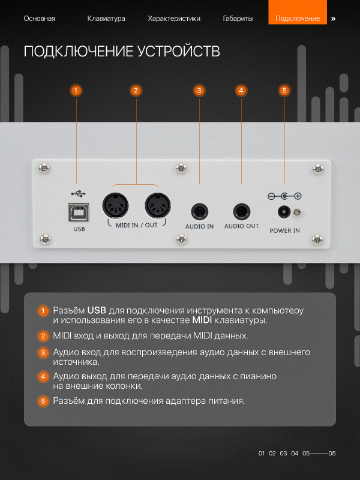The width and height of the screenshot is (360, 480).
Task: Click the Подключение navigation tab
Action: pyautogui.click(x=298, y=19)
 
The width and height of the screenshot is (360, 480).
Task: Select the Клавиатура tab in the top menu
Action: pyautogui.click(x=106, y=19)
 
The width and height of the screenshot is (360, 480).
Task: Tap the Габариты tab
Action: pyautogui.click(x=238, y=19)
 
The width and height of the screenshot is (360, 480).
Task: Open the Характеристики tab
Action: pyautogui.click(x=174, y=19)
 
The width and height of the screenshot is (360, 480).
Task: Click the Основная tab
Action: pyautogui.click(x=40, y=19)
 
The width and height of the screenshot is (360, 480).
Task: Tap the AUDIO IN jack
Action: pyautogui.click(x=199, y=212)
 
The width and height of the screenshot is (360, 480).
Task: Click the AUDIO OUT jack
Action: pyautogui.click(x=242, y=212)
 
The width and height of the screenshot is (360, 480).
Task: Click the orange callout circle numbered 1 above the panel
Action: pyautogui.click(x=76, y=91)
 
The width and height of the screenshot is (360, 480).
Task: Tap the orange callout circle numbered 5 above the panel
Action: pyautogui.click(x=284, y=91)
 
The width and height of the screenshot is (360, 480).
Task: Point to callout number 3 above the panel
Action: pyautogui.click(x=199, y=91)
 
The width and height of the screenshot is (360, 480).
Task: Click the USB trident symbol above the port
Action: pyautogui.click(x=79, y=193)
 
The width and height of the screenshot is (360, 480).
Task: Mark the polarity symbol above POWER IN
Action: pyautogui.click(x=284, y=196)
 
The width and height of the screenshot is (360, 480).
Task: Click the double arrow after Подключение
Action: pyautogui.click(x=333, y=19)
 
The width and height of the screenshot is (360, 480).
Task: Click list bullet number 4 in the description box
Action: pyautogui.click(x=43, y=377)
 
